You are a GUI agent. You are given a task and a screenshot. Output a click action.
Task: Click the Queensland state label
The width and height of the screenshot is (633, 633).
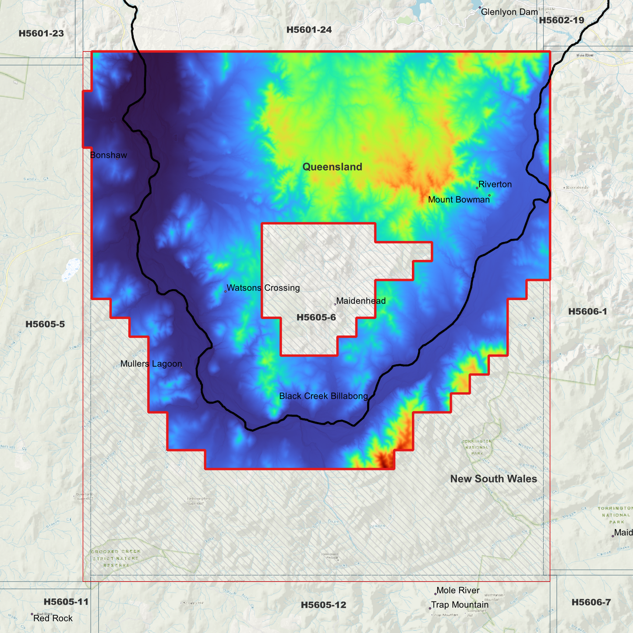(332, 167)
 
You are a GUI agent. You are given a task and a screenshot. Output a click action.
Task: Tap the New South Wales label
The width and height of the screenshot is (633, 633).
(493, 479)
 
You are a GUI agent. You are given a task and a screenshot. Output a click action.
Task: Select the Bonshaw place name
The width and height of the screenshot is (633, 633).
(108, 155)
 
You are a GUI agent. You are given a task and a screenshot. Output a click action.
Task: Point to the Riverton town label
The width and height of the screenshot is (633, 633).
(495, 184)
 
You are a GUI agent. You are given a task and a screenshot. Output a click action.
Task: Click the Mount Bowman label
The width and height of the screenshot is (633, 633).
(458, 200)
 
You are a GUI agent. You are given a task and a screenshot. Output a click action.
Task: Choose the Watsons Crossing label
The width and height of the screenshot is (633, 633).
(263, 288)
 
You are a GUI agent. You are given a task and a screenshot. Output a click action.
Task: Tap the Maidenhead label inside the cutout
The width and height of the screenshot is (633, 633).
(361, 301)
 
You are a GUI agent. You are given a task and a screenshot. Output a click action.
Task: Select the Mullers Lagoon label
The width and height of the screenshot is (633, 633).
(151, 364)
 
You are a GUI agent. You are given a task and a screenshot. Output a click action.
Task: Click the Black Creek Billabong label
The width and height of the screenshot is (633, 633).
(323, 396)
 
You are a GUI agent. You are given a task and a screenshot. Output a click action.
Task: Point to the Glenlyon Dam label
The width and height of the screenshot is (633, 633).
(509, 12)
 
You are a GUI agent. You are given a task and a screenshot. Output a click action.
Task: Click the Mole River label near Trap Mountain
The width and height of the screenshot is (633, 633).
(458, 591)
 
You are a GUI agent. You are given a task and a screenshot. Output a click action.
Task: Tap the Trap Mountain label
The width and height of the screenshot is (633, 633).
(460, 605)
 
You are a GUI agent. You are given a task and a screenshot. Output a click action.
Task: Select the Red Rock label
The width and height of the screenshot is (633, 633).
(53, 618)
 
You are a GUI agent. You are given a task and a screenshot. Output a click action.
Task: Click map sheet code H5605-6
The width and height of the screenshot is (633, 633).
(316, 318)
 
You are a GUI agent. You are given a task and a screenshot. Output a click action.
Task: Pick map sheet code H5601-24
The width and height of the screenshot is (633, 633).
(309, 30)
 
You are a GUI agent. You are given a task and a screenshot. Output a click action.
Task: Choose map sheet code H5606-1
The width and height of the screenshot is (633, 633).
(587, 311)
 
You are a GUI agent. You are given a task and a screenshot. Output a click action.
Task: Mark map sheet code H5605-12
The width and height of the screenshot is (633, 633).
(323, 605)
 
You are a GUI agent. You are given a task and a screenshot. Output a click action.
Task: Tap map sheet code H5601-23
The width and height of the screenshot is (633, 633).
(41, 33)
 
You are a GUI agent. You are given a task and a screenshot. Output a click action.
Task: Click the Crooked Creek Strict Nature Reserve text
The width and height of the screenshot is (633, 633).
(116, 558)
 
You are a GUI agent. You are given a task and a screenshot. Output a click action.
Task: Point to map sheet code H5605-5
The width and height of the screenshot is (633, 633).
(45, 324)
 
